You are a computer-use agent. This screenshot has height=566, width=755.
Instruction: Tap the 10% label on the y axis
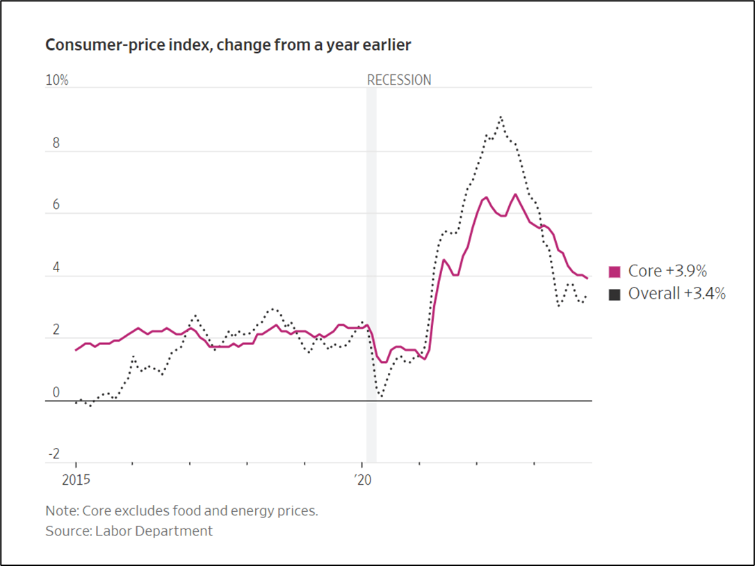pos(57,81)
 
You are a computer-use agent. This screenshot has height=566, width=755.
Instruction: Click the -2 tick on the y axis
pos(53,455)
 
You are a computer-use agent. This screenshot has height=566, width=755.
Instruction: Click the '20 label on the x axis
pos(363,480)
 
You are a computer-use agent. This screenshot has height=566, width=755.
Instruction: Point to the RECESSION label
pos(399,80)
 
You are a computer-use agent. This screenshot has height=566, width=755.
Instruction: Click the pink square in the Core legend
pos(615,272)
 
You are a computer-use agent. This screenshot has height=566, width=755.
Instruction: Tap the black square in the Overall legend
pos(615,294)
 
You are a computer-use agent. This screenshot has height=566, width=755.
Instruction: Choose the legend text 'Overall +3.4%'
pos(676,294)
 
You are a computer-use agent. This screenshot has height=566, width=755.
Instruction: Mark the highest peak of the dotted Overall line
pos(501,117)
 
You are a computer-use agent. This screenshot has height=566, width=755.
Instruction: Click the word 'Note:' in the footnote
pos(62,511)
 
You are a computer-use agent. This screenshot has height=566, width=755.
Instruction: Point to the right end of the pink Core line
pos(588,278)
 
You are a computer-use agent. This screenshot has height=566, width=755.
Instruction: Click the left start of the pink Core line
pos(76,350)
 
